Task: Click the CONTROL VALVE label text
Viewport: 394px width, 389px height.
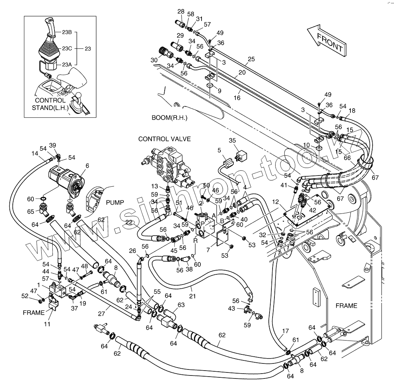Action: (165, 139)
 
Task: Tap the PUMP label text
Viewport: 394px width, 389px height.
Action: (115, 203)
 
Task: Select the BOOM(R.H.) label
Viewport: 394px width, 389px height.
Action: (169, 118)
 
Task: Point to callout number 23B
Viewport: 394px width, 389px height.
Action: (67, 32)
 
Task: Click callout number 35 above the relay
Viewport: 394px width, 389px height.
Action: (232, 141)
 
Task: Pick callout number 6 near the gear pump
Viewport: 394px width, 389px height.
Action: (87, 166)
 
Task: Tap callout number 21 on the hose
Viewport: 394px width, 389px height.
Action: (192, 296)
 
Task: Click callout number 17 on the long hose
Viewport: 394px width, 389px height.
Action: (285, 331)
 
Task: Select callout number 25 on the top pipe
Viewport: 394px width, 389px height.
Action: (251, 59)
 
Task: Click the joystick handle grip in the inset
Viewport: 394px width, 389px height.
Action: (50, 27)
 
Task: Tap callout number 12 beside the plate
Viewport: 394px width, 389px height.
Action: (276, 202)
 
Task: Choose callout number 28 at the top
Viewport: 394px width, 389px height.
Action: (181, 12)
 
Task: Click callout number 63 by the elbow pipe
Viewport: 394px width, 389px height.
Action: (181, 304)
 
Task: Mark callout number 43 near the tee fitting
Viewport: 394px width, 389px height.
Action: (232, 308)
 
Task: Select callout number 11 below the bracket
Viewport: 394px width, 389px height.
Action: (47, 324)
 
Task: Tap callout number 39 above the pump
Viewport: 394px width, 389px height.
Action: (53, 145)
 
